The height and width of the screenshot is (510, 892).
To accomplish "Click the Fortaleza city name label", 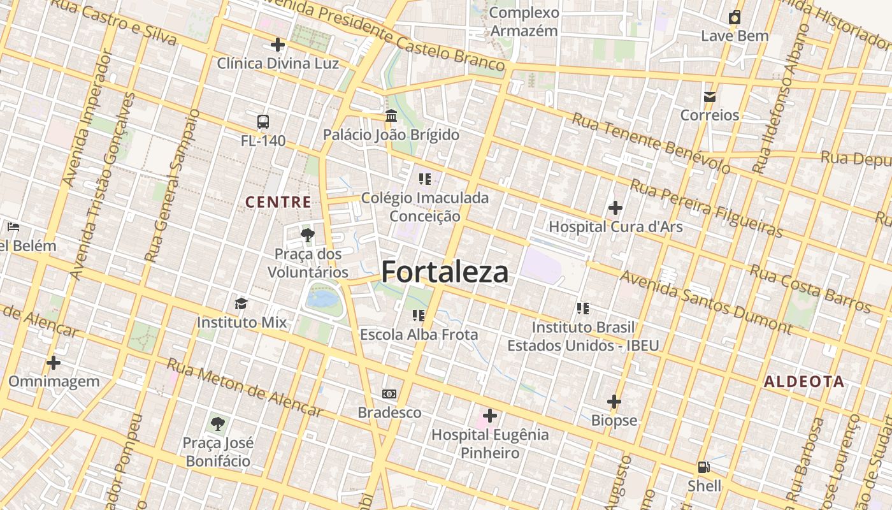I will click(445, 272).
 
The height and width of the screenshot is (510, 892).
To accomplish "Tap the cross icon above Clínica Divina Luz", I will click(278, 45).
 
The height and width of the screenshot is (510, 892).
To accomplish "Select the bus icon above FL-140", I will click(263, 122).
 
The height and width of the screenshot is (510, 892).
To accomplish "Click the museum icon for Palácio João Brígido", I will click(391, 116).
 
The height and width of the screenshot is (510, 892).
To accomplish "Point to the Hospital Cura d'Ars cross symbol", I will click(615, 208).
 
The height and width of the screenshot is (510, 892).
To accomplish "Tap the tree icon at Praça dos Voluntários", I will click(308, 235).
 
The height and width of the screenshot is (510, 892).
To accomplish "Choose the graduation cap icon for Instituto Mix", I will click(241, 303).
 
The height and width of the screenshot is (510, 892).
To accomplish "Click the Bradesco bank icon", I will click(389, 394).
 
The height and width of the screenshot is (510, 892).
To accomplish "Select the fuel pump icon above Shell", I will click(704, 467).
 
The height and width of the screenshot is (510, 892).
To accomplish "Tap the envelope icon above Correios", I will click(709, 97).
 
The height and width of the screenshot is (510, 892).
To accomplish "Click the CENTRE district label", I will click(278, 203).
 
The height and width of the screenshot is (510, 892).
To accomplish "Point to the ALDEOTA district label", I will click(803, 382).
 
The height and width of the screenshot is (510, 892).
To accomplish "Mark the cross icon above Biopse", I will click(614, 402).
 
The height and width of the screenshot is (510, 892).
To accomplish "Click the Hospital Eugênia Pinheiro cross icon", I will click(489, 416).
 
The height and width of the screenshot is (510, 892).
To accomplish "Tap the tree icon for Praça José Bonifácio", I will click(218, 423).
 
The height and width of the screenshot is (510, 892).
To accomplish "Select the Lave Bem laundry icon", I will click(735, 17).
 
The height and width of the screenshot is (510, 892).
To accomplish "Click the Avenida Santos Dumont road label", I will click(706, 302).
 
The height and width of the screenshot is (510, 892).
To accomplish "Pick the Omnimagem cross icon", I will click(54, 363).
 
